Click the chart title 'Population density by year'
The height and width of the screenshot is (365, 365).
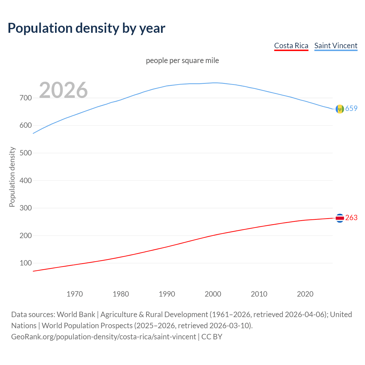coord(86,28)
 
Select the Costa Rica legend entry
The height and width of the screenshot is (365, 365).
coord(291,46)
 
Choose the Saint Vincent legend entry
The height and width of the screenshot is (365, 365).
coord(336,46)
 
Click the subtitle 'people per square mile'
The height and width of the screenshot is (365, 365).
coord(182,60)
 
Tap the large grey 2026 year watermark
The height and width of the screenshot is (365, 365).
coord(63,90)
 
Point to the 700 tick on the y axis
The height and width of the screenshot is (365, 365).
coord(26,98)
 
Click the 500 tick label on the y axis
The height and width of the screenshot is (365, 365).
coord(26,153)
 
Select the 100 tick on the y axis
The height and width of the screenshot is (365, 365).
coord(26,263)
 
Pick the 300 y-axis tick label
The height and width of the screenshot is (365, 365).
coord(26,208)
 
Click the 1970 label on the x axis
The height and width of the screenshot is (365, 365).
coord(75,294)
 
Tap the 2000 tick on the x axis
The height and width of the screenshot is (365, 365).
coord(213,294)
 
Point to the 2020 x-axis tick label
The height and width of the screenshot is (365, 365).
coord(305,294)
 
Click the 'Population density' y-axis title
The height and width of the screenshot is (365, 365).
coord(12,177)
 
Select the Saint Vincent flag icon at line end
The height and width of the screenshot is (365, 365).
coord(340,109)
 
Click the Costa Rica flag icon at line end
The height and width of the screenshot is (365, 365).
coord(340,218)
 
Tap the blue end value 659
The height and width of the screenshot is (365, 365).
coord(351,108)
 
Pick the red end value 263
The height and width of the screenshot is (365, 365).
coord(351,218)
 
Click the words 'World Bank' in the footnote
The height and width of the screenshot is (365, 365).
coord(76,314)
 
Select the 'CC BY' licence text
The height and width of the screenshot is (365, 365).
coord(212,336)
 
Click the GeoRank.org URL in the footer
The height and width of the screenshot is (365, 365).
coord(104,336)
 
